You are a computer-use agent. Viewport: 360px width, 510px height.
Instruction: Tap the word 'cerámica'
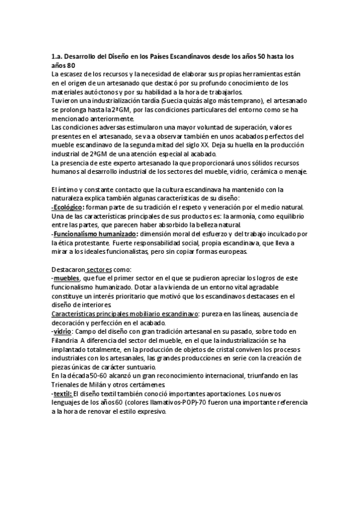point(263,172)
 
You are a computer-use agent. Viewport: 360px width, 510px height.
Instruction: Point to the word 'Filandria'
point(66,341)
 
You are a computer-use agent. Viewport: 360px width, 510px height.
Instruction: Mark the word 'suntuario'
point(147,367)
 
